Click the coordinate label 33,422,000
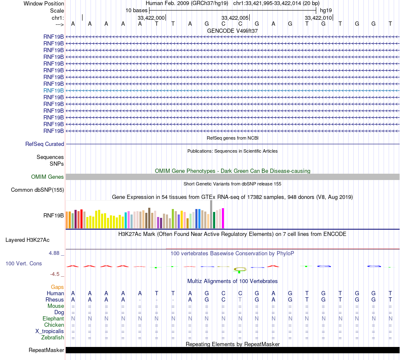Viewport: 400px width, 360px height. [151, 18]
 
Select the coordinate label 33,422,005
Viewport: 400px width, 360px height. [235, 18]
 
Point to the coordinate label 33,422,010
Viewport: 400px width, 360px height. [318, 18]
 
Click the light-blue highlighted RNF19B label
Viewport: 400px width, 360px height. [53, 90]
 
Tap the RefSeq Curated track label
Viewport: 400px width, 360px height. [45, 144]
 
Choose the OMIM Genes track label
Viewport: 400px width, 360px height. [48, 177]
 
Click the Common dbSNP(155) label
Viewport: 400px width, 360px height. [37, 190]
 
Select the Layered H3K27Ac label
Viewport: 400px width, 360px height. [27, 240]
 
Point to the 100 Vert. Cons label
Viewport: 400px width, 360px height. [24, 263]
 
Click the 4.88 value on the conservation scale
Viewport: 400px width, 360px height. [54, 253]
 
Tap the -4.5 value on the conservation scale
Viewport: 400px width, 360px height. [55, 274]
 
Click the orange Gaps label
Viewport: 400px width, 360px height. [57, 287]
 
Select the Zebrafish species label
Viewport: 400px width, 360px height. [53, 337]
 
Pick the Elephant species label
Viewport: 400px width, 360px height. [53, 318]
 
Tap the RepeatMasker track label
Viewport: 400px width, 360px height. [46, 350]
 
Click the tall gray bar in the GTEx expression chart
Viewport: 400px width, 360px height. [211, 214]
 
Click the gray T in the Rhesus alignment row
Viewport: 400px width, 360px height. [240, 299]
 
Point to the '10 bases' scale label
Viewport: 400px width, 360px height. [136, 10]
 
